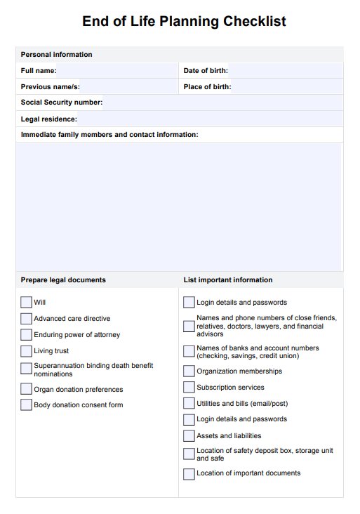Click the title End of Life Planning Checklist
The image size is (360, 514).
pyautogui.click(x=184, y=22)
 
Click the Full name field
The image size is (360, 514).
pyautogui.click(x=116, y=71)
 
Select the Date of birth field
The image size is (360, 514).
pyautogui.click(x=284, y=71)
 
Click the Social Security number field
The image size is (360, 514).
pyautogui.click(x=222, y=103)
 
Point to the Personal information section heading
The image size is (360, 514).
pyautogui.click(x=57, y=55)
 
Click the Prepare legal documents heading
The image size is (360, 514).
pyautogui.click(x=63, y=280)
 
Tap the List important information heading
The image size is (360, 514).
pyautogui.click(x=228, y=280)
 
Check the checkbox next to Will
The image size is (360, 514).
pyautogui.click(x=27, y=303)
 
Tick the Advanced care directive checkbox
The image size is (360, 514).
pyautogui.click(x=27, y=319)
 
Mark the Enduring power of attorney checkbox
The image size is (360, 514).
pyautogui.click(x=27, y=335)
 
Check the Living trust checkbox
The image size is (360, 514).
pyautogui.click(x=27, y=351)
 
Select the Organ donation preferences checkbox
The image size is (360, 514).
pyautogui.click(x=27, y=389)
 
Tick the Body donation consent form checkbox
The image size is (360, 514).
pyautogui.click(x=27, y=405)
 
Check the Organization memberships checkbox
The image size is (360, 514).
pyautogui.click(x=189, y=371)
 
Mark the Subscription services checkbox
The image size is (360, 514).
pyautogui.click(x=189, y=388)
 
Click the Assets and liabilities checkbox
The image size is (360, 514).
pyautogui.click(x=189, y=436)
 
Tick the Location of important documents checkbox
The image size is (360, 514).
pyautogui.click(x=189, y=473)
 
